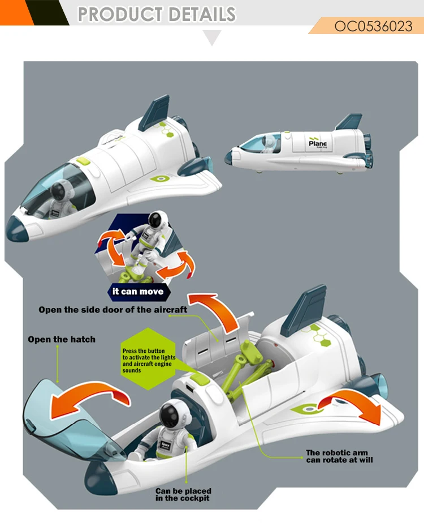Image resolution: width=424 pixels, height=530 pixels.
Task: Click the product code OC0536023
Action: pos(373,26)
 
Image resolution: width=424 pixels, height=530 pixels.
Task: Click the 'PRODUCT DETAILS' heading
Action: pos(157,14)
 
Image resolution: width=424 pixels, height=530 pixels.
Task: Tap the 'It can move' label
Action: pos(138,292)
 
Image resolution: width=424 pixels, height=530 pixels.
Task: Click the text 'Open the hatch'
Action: pos(62,339)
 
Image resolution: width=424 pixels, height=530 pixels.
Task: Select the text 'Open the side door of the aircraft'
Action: pos(113,310)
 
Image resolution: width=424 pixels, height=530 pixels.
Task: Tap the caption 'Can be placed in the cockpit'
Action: pos(183,494)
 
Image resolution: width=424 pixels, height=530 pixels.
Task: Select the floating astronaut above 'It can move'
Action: pos(151,237)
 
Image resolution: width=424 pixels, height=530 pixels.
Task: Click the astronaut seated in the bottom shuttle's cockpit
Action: pos(169,428)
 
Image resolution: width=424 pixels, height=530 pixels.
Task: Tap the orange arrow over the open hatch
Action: pos(85,396)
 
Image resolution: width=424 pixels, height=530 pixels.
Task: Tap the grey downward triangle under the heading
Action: pos(212,39)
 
